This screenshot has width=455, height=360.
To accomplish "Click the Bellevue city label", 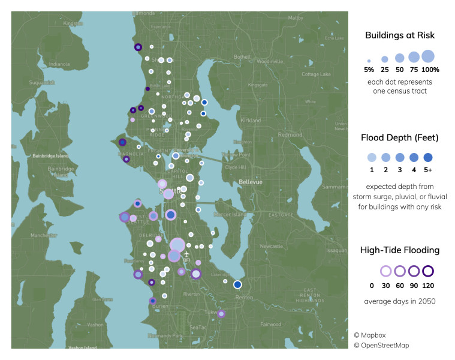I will (247, 181).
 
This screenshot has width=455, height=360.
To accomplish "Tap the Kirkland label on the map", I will (251, 121).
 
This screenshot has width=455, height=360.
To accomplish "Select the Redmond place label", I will (290, 135).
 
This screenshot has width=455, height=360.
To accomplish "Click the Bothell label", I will (242, 57).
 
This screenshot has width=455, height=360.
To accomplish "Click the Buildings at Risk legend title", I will (400, 35).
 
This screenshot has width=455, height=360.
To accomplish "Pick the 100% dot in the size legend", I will (427, 56).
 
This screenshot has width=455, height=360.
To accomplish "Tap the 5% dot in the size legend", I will (369, 61).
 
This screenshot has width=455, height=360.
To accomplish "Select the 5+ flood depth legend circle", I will (428, 158).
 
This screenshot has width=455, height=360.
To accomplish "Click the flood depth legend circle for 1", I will (372, 158).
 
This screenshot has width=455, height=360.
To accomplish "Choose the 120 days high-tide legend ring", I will (428, 271).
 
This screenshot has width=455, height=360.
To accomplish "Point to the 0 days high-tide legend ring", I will (385, 271).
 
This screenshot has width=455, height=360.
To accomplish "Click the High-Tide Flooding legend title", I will (399, 250).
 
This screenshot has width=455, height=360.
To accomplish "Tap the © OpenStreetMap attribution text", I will (381, 346).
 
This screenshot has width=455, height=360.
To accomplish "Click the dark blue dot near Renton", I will (237, 284).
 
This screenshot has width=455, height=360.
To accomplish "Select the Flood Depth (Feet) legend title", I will (400, 138).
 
